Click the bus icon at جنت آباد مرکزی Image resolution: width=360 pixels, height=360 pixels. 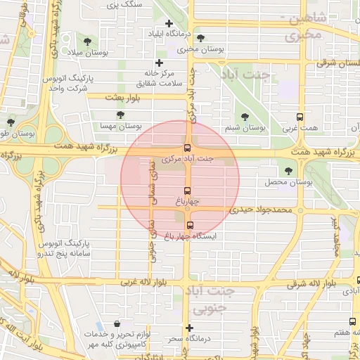(x=187, y=148)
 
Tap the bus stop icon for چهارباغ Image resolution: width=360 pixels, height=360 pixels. (x=187, y=191)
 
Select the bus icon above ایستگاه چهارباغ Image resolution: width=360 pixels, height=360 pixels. (x=190, y=226)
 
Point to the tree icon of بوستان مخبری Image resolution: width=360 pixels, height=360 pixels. (x=201, y=39)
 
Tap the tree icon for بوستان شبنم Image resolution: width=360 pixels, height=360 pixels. (x=245, y=117)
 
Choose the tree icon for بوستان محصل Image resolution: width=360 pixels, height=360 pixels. (x=288, y=171)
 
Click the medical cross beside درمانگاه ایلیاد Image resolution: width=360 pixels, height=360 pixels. (x=149, y=33)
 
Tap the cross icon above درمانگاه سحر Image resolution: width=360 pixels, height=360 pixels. (x=188, y=328)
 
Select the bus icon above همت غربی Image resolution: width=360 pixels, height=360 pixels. (x=300, y=117)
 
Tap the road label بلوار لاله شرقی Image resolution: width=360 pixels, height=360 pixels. (x=315, y=283)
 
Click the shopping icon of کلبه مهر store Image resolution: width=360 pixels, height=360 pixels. (x=116, y=324)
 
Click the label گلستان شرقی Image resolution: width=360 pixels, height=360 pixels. (x=336, y=63)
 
